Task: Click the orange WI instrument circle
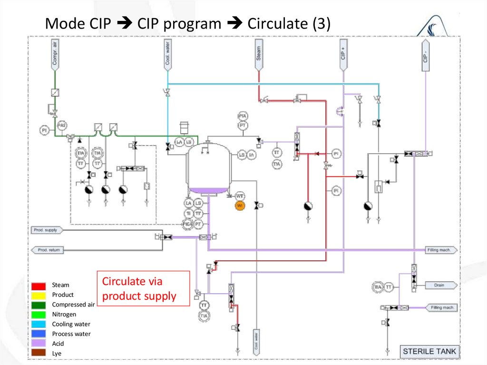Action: [x=240, y=206]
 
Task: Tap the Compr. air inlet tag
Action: [x=55, y=53]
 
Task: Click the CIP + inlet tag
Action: [x=343, y=53]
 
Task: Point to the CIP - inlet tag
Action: [x=425, y=53]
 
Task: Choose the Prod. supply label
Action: [x=46, y=230]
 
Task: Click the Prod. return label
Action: [x=48, y=249]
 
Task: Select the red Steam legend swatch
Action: [x=39, y=286]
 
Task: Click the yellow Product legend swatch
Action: [x=39, y=295]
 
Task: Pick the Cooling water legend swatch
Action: [x=39, y=325]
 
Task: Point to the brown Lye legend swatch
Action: [x=39, y=353]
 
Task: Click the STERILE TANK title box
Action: [x=429, y=352]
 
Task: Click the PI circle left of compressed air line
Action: [x=44, y=129]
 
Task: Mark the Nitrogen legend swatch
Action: [x=39, y=315]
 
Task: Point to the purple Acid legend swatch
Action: [x=39, y=344]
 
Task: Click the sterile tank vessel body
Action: [x=208, y=167]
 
